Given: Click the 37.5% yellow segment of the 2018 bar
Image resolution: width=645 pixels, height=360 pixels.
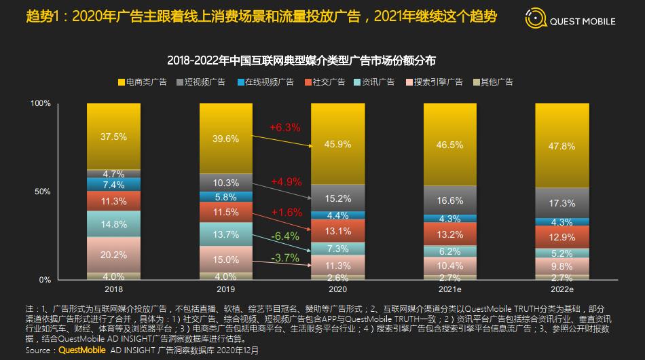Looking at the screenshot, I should pyautogui.click(x=113, y=137).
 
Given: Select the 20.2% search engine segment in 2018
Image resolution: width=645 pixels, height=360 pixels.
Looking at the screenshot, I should pyautogui.click(x=113, y=255).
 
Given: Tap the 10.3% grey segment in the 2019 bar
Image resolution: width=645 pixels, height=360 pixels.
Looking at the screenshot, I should pyautogui.click(x=225, y=183).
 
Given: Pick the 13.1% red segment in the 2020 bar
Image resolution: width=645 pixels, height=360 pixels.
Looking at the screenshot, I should pyautogui.click(x=338, y=230).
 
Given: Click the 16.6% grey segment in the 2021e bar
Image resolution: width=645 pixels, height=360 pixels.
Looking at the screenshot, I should pyautogui.click(x=451, y=200).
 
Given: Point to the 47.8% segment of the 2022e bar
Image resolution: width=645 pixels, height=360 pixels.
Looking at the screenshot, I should pyautogui.click(x=562, y=145).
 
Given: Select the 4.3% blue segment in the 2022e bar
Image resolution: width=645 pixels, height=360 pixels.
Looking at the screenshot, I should pyautogui.click(x=562, y=222).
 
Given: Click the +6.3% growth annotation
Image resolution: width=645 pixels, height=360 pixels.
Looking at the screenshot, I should pyautogui.click(x=284, y=127).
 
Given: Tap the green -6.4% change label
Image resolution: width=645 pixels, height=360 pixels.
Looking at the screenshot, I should pyautogui.click(x=285, y=236).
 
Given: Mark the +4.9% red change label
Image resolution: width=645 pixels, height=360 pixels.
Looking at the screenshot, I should pyautogui.click(x=285, y=181).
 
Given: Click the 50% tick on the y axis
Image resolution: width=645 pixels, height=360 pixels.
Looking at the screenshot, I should pyautogui.click(x=41, y=192).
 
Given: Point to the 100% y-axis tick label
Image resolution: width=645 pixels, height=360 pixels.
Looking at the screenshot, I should pyautogui.click(x=40, y=103).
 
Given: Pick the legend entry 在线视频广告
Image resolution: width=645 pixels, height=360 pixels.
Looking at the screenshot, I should pyautogui.click(x=270, y=82).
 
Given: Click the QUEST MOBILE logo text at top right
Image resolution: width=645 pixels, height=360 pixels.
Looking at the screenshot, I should pyautogui.click(x=583, y=22).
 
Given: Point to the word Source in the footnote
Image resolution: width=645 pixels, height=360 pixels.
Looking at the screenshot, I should pyautogui.click(x=38, y=350).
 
